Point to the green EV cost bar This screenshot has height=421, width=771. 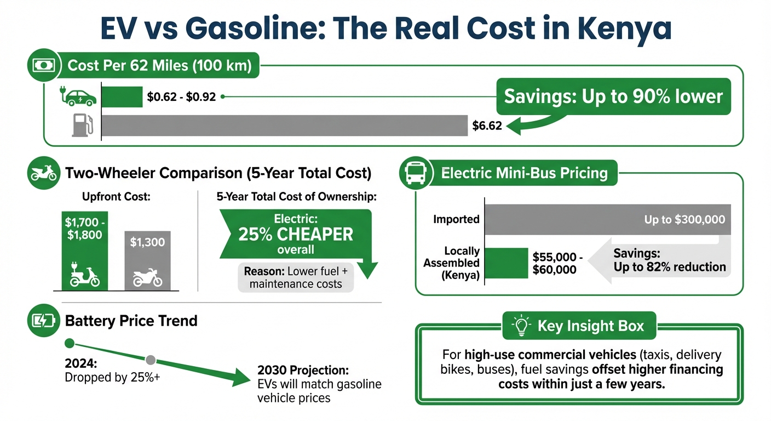pos(122,97)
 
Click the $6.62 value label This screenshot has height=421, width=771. pos(487,127)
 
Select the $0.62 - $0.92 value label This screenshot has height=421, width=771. pos(181,97)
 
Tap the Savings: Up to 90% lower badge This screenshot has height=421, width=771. pos(613,96)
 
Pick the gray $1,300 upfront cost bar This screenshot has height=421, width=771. pos(147,260)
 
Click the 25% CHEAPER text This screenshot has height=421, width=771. pos(296,235)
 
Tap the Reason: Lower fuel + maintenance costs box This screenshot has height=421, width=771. pos(296,277)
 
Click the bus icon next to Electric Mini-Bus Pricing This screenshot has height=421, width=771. pos(417,174)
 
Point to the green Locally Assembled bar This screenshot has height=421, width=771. pos(507,263)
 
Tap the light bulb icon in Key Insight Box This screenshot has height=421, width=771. pos(521,326)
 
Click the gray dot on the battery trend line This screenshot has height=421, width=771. pos(151,360)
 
